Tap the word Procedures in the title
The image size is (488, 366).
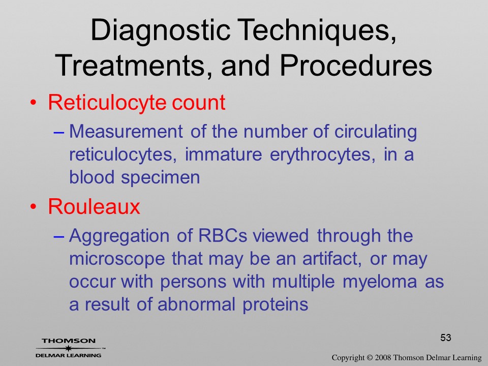(356, 66)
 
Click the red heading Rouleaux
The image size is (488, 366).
(94, 206)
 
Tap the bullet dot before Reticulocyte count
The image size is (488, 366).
(33, 103)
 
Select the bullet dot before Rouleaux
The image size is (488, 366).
(33, 207)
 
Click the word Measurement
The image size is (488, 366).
(126, 131)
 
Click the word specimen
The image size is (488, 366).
(160, 178)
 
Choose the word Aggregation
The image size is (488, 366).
(119, 236)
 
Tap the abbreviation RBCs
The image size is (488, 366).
(223, 235)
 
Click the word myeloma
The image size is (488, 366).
(380, 282)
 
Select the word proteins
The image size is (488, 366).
(276, 304)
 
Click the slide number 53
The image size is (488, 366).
(446, 338)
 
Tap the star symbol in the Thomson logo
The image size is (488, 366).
(68, 348)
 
